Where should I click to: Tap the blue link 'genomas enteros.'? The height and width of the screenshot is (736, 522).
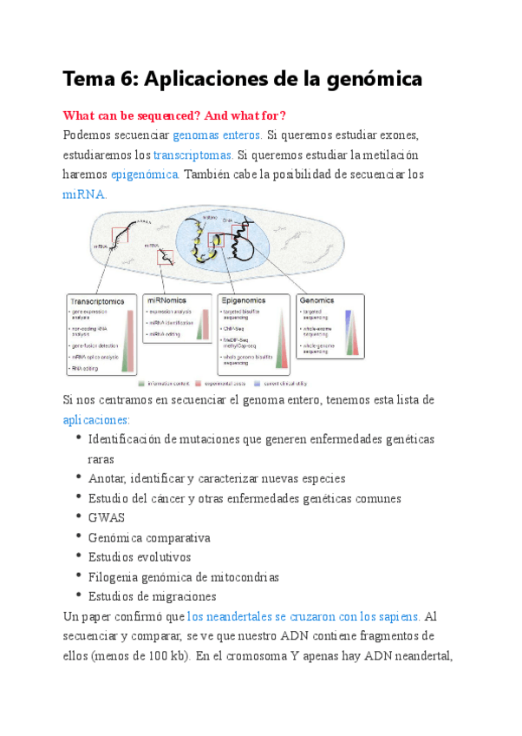click(x=218, y=135)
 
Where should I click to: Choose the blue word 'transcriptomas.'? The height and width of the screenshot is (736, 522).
click(x=193, y=155)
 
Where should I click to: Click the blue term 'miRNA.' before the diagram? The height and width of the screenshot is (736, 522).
click(x=85, y=194)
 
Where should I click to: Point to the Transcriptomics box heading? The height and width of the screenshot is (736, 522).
click(x=96, y=301)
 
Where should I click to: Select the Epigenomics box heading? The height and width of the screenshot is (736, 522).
click(x=244, y=300)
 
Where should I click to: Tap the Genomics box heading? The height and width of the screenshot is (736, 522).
click(x=318, y=300)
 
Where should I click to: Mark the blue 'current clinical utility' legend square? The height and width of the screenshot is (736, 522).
click(x=258, y=383)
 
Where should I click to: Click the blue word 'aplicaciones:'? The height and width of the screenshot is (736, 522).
click(x=96, y=419)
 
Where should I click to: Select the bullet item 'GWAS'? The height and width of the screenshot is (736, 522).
click(x=107, y=518)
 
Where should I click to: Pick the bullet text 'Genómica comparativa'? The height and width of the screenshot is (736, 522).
click(x=149, y=537)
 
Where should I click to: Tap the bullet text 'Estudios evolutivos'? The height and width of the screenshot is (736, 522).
click(x=140, y=557)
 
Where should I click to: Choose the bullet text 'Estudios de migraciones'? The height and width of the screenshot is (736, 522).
click(x=152, y=596)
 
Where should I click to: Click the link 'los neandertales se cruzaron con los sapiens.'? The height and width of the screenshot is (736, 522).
click(x=304, y=616)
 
